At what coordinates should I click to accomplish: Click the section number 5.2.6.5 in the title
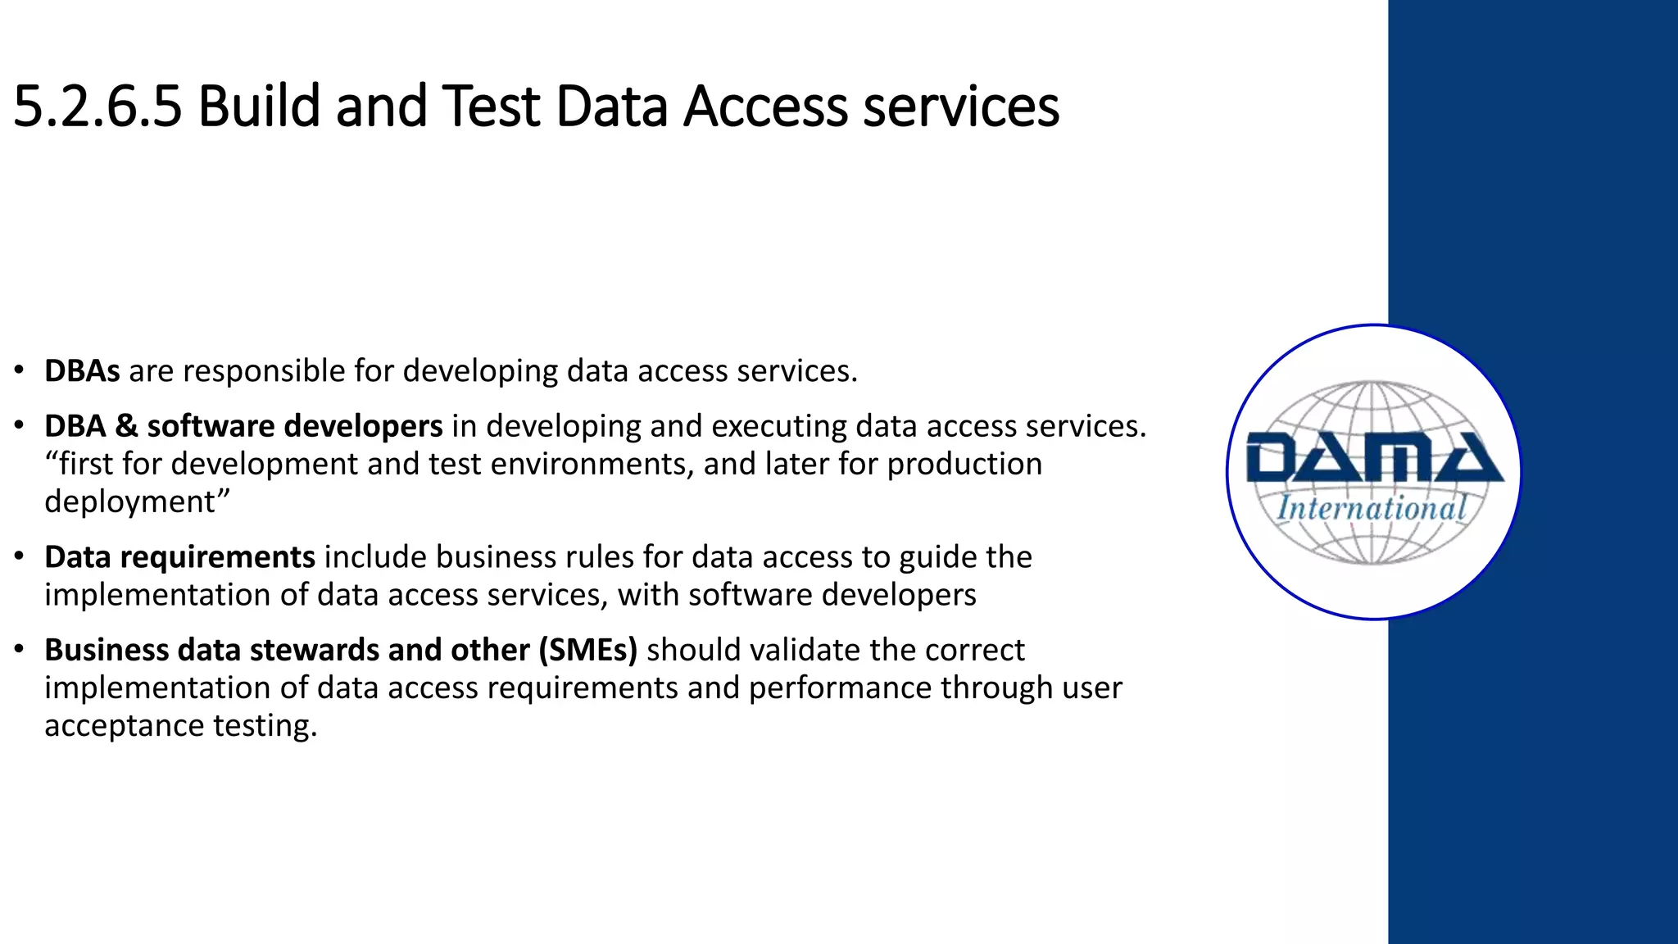point(98,107)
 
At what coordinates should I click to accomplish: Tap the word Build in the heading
point(258,107)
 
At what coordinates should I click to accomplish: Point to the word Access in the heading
point(764,107)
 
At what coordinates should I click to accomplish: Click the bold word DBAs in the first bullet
point(82,371)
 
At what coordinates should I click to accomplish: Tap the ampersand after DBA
point(126,426)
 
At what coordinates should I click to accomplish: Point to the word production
point(964,464)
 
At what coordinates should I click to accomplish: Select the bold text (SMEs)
point(587,650)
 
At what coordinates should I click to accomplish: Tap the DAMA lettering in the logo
point(1374,458)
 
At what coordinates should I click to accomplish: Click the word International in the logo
point(1372,508)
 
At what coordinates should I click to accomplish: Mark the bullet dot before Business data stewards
point(19,650)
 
